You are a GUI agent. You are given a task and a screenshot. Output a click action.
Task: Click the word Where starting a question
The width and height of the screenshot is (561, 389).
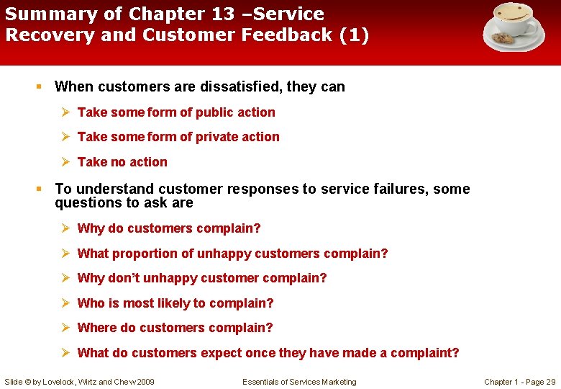pyautogui.click(x=96, y=328)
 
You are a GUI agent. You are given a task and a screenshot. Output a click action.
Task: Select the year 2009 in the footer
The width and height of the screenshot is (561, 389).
pyautogui.click(x=144, y=382)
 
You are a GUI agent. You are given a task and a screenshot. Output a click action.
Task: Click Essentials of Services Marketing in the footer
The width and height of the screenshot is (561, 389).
pyautogui.click(x=299, y=382)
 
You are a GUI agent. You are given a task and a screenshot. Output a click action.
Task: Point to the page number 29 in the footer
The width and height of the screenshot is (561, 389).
pyautogui.click(x=551, y=382)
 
